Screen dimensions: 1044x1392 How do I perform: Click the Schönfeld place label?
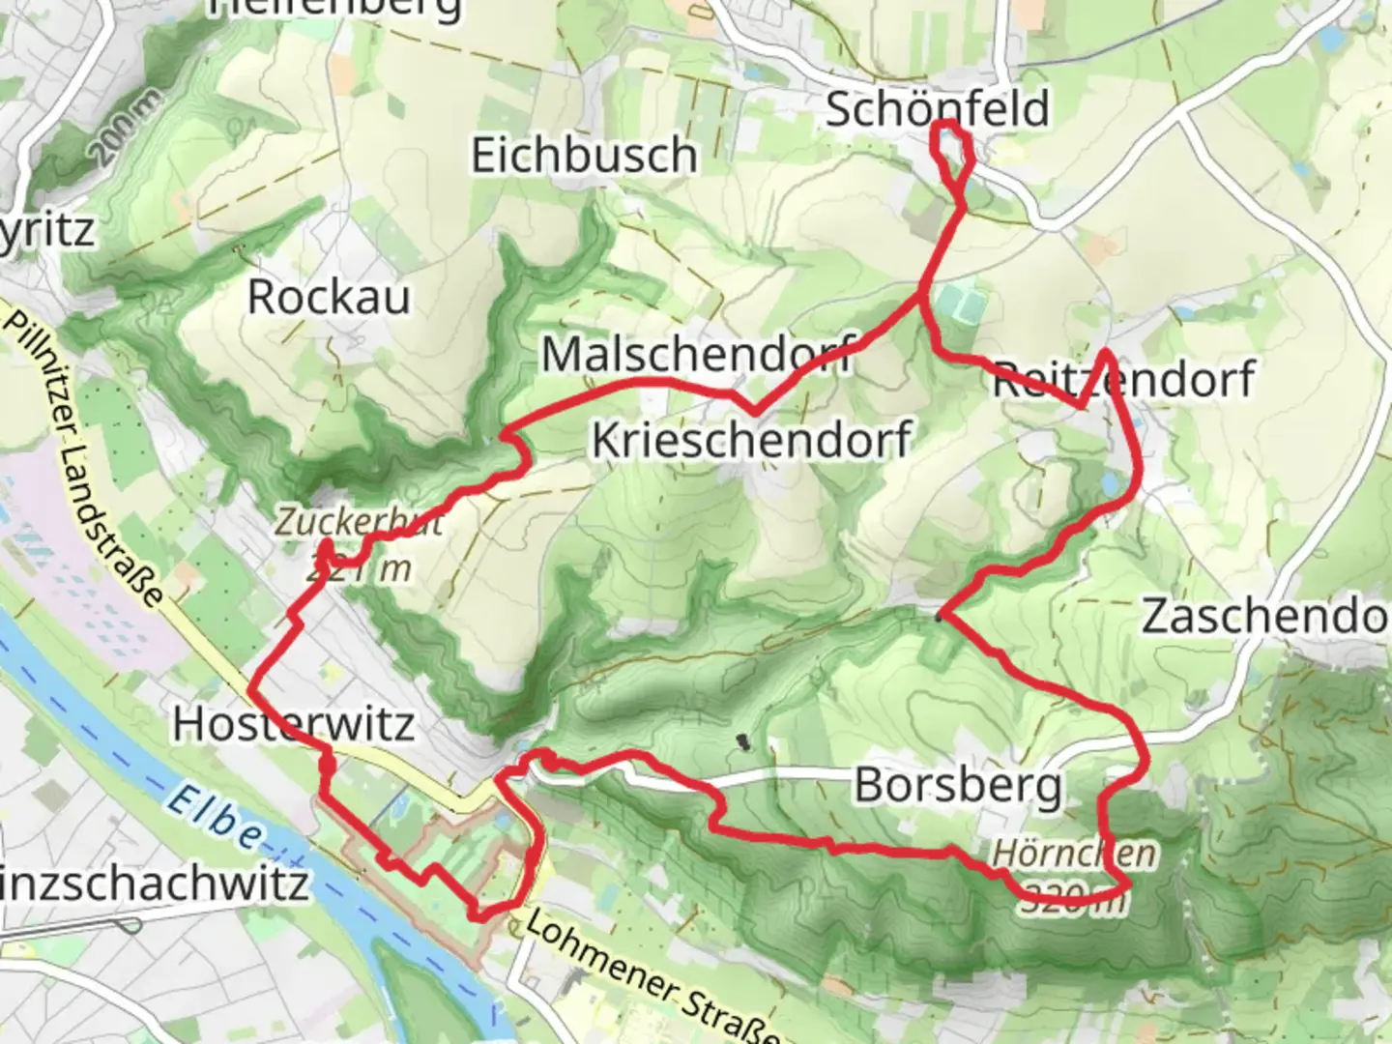(936, 108)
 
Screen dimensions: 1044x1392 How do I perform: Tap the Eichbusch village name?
(584, 155)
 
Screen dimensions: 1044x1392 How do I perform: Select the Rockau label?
(329, 297)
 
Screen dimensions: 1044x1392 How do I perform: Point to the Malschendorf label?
(698, 354)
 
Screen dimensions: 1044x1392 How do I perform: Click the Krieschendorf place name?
(751, 440)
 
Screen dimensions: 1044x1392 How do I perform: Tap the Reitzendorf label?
(1123, 379)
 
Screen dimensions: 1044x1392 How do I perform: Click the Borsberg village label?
(957, 785)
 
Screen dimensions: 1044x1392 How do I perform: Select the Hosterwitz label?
(294, 723)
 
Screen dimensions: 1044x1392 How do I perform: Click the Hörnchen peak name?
(1074, 853)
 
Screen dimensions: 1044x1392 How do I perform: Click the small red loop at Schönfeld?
(950, 151)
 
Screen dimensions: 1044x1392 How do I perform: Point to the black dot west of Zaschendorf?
(939, 617)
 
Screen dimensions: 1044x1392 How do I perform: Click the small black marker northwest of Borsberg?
(742, 742)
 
